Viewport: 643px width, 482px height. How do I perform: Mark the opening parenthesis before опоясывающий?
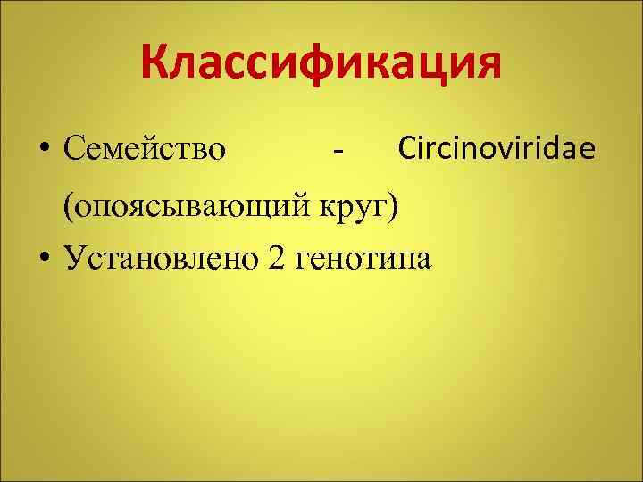point(66,204)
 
